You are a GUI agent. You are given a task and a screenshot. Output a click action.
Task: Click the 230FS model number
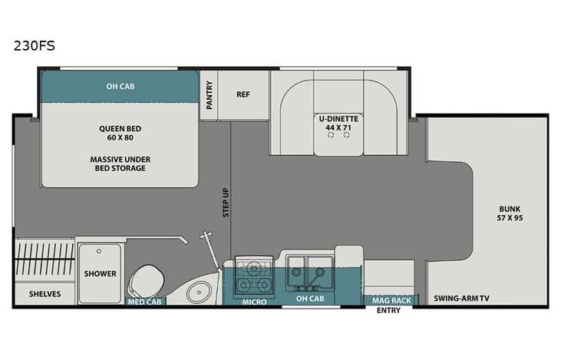(x=33, y=45)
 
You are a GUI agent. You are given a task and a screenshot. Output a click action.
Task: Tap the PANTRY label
(x=209, y=95)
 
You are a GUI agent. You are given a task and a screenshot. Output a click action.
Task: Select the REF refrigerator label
(x=243, y=95)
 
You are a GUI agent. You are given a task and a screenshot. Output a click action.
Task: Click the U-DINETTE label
(x=339, y=119)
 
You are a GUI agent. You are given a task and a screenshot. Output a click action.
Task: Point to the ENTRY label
(x=389, y=311)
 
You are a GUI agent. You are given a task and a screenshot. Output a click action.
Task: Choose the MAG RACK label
(x=391, y=299)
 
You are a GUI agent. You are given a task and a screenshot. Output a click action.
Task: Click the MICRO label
(x=254, y=302)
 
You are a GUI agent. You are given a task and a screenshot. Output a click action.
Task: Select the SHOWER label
(x=101, y=273)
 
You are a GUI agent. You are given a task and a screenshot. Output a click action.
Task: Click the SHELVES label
(x=45, y=294)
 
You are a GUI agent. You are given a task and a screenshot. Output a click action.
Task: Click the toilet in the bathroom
(x=146, y=278)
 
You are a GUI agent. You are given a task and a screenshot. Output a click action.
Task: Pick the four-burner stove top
(x=254, y=277)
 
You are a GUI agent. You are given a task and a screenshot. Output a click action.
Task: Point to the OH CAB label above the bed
(x=120, y=86)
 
